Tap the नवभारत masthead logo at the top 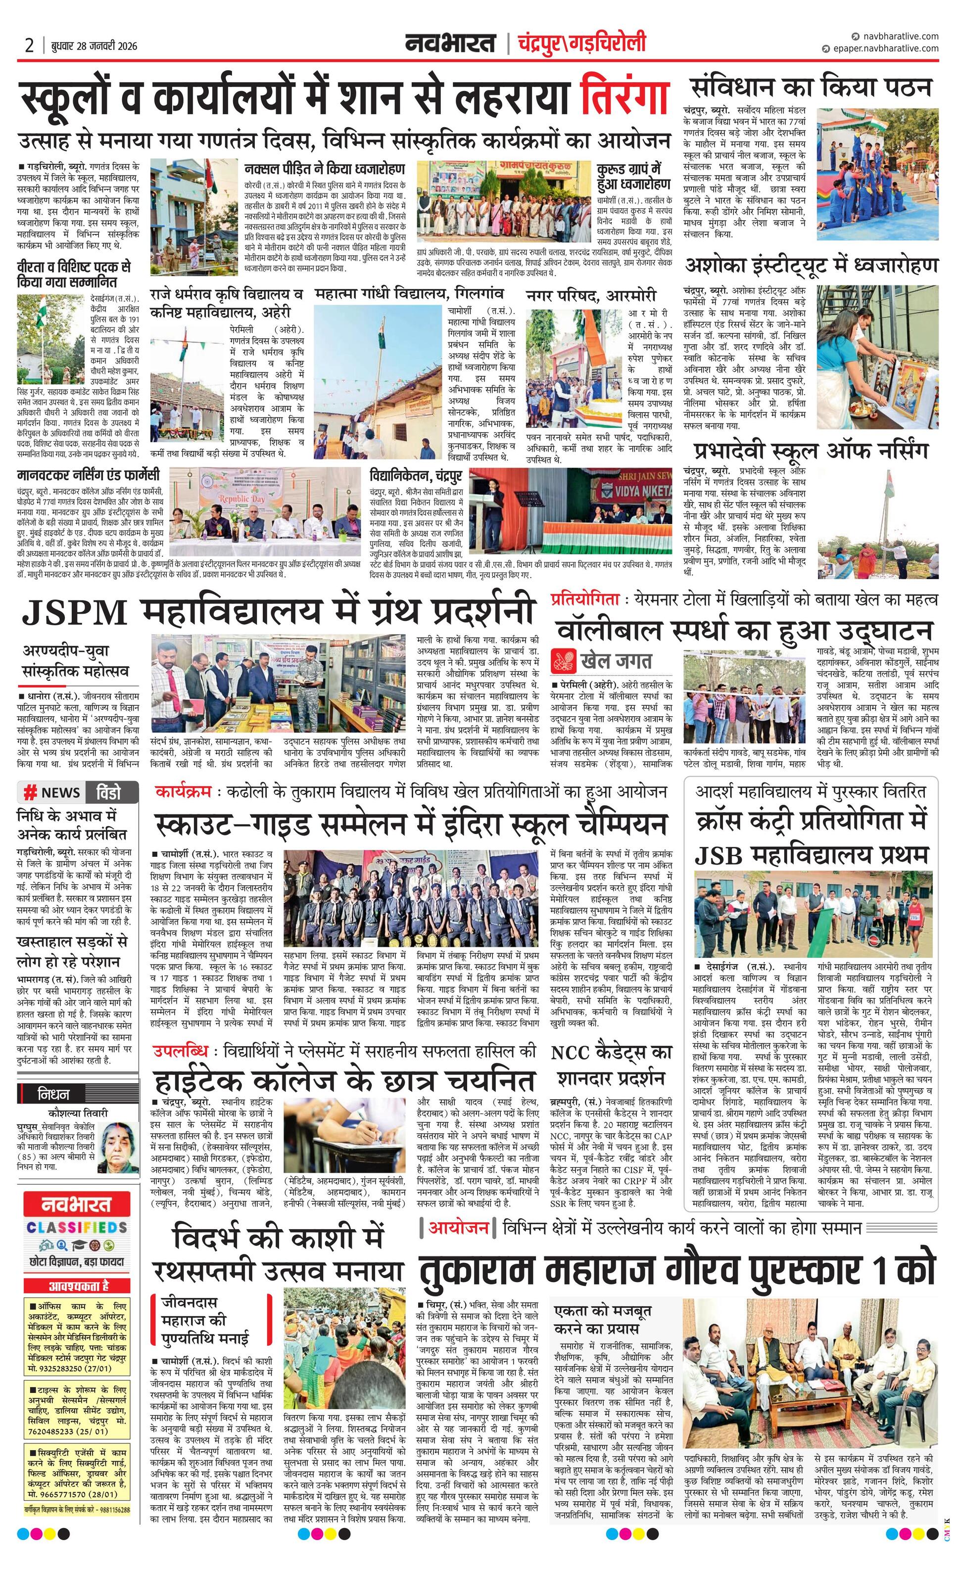pos(450,44)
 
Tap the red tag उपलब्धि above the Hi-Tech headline pos(180,1051)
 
